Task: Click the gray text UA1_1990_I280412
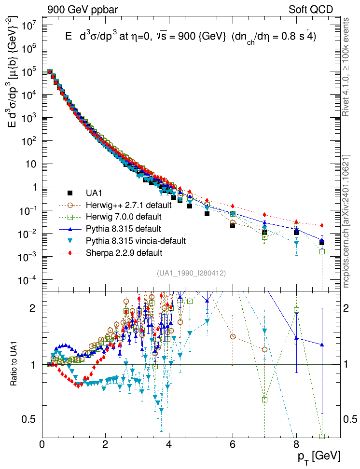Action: click(x=191, y=274)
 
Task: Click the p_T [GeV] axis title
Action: click(x=319, y=455)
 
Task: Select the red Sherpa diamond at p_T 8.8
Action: click(x=322, y=225)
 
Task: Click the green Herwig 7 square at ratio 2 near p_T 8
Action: click(x=297, y=310)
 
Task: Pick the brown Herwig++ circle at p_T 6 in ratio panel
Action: click(x=233, y=336)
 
